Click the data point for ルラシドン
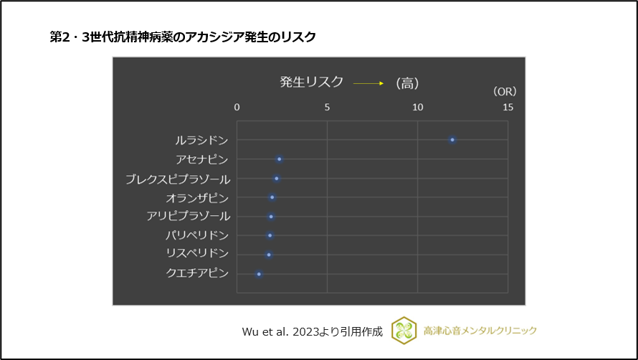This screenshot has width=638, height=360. pos(452,140)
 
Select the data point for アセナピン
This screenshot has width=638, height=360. pos(280,159)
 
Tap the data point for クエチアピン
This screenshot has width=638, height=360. pos(260,274)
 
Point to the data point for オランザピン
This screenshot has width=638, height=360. pos(272,197)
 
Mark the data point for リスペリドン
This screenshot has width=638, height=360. pos(269,255)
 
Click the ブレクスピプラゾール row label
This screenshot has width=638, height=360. pos(177,178)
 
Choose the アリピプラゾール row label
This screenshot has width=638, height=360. pos(188,216)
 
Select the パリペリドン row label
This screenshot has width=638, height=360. pos(197,235)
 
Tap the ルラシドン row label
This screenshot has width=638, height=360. pos(202,140)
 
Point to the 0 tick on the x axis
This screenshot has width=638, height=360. pos(237,108)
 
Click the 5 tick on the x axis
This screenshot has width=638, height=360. pos(328,108)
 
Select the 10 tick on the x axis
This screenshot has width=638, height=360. pos(417,108)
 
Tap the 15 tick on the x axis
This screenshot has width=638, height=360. pos(508,108)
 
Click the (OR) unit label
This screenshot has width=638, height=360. pos(504,92)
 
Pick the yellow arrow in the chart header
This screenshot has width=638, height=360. pos(368,83)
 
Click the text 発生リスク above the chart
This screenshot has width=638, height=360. pos(311,82)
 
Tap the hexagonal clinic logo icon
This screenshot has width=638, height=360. pos(404,331)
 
